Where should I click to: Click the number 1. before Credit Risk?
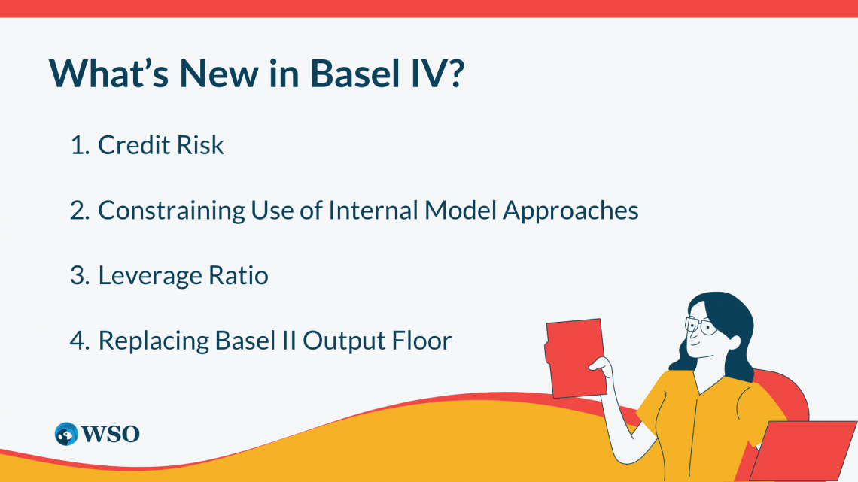80,145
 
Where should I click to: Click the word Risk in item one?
201,145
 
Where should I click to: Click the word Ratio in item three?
240,276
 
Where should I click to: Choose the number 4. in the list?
80,341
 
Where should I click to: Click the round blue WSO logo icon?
66,433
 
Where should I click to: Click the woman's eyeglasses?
699,325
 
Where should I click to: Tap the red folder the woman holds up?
576,357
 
